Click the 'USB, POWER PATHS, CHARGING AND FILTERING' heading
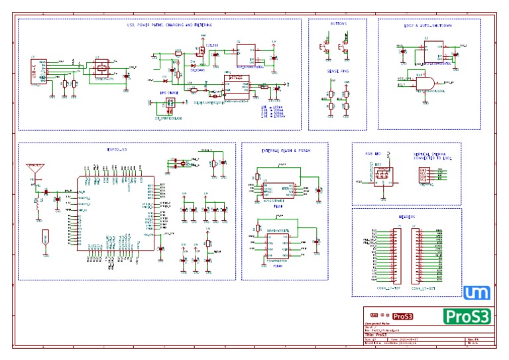[170, 25]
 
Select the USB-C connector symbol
[38, 71]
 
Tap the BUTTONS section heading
[337, 23]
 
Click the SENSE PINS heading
[337, 70]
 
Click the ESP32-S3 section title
[117, 150]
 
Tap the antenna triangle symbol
[32, 169]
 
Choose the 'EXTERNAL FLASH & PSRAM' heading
[286, 151]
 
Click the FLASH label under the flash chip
[279, 206]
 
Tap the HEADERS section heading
[407, 216]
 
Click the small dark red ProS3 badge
[402, 316]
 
